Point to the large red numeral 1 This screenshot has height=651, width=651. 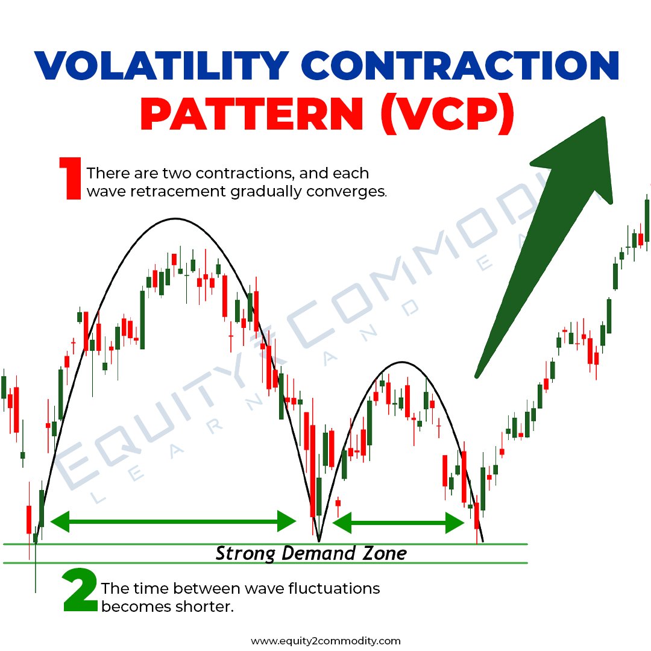[x=70, y=178]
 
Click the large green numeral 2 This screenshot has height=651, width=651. [x=80, y=594]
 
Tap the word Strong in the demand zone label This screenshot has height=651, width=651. [x=242, y=553]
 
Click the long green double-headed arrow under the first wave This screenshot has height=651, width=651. [x=174, y=521]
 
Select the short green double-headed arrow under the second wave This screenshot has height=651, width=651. [x=398, y=523]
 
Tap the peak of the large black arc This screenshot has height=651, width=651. [x=175, y=218]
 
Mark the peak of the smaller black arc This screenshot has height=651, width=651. [x=401, y=362]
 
